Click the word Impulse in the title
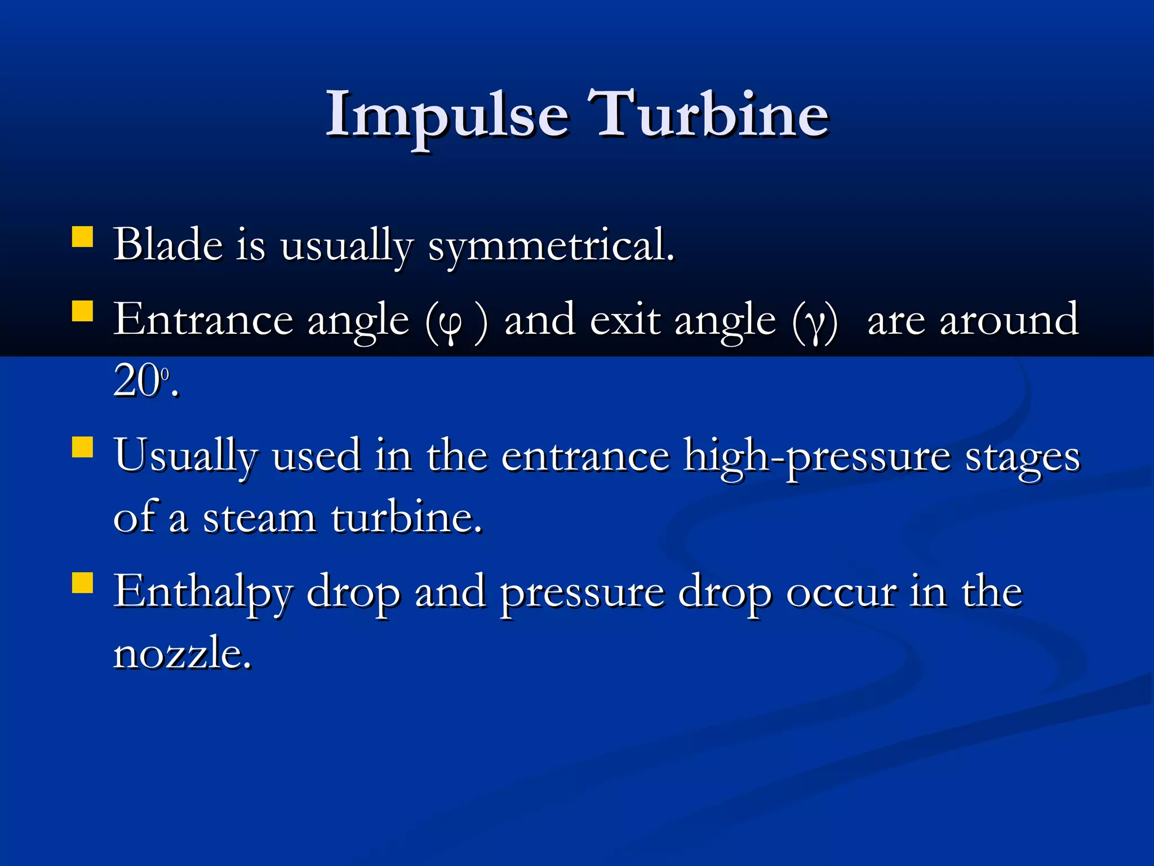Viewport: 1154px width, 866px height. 448,116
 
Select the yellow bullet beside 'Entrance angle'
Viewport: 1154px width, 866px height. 83,311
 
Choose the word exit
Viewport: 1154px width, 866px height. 625,320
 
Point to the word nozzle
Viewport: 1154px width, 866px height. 182,654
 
